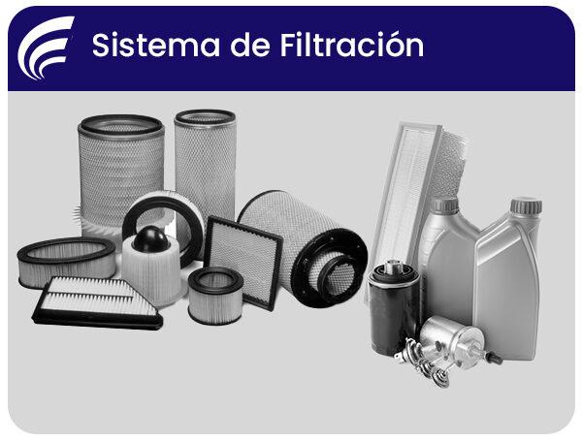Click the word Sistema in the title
click(x=156, y=45)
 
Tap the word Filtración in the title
click(x=352, y=44)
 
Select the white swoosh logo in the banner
click(x=46, y=47)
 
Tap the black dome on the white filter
click(x=150, y=239)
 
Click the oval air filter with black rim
click(x=66, y=261)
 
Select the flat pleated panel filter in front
click(x=97, y=302)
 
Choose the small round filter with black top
click(x=215, y=296)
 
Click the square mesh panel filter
click(x=243, y=262)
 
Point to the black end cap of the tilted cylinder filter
click(x=330, y=268)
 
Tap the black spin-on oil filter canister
click(x=394, y=308)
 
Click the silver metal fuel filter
click(x=456, y=339)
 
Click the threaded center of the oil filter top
click(x=393, y=267)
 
